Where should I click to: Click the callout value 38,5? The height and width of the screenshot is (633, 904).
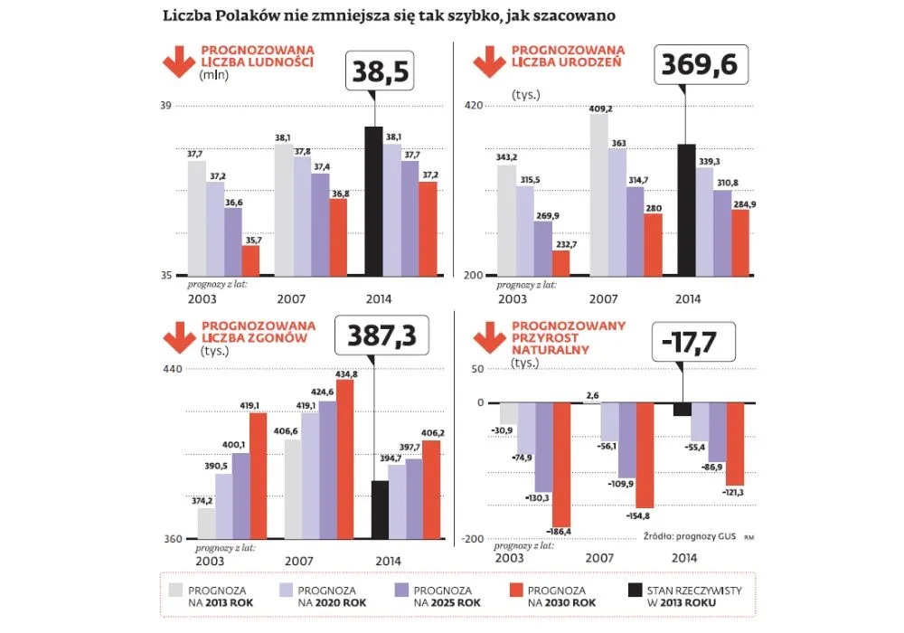point(380,71)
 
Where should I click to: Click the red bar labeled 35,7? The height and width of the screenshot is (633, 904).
point(250,260)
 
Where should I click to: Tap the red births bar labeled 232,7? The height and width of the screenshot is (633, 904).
point(560,262)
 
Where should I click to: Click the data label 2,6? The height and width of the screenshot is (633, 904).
point(592,395)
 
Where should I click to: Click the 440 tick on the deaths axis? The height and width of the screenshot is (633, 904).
point(173,369)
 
